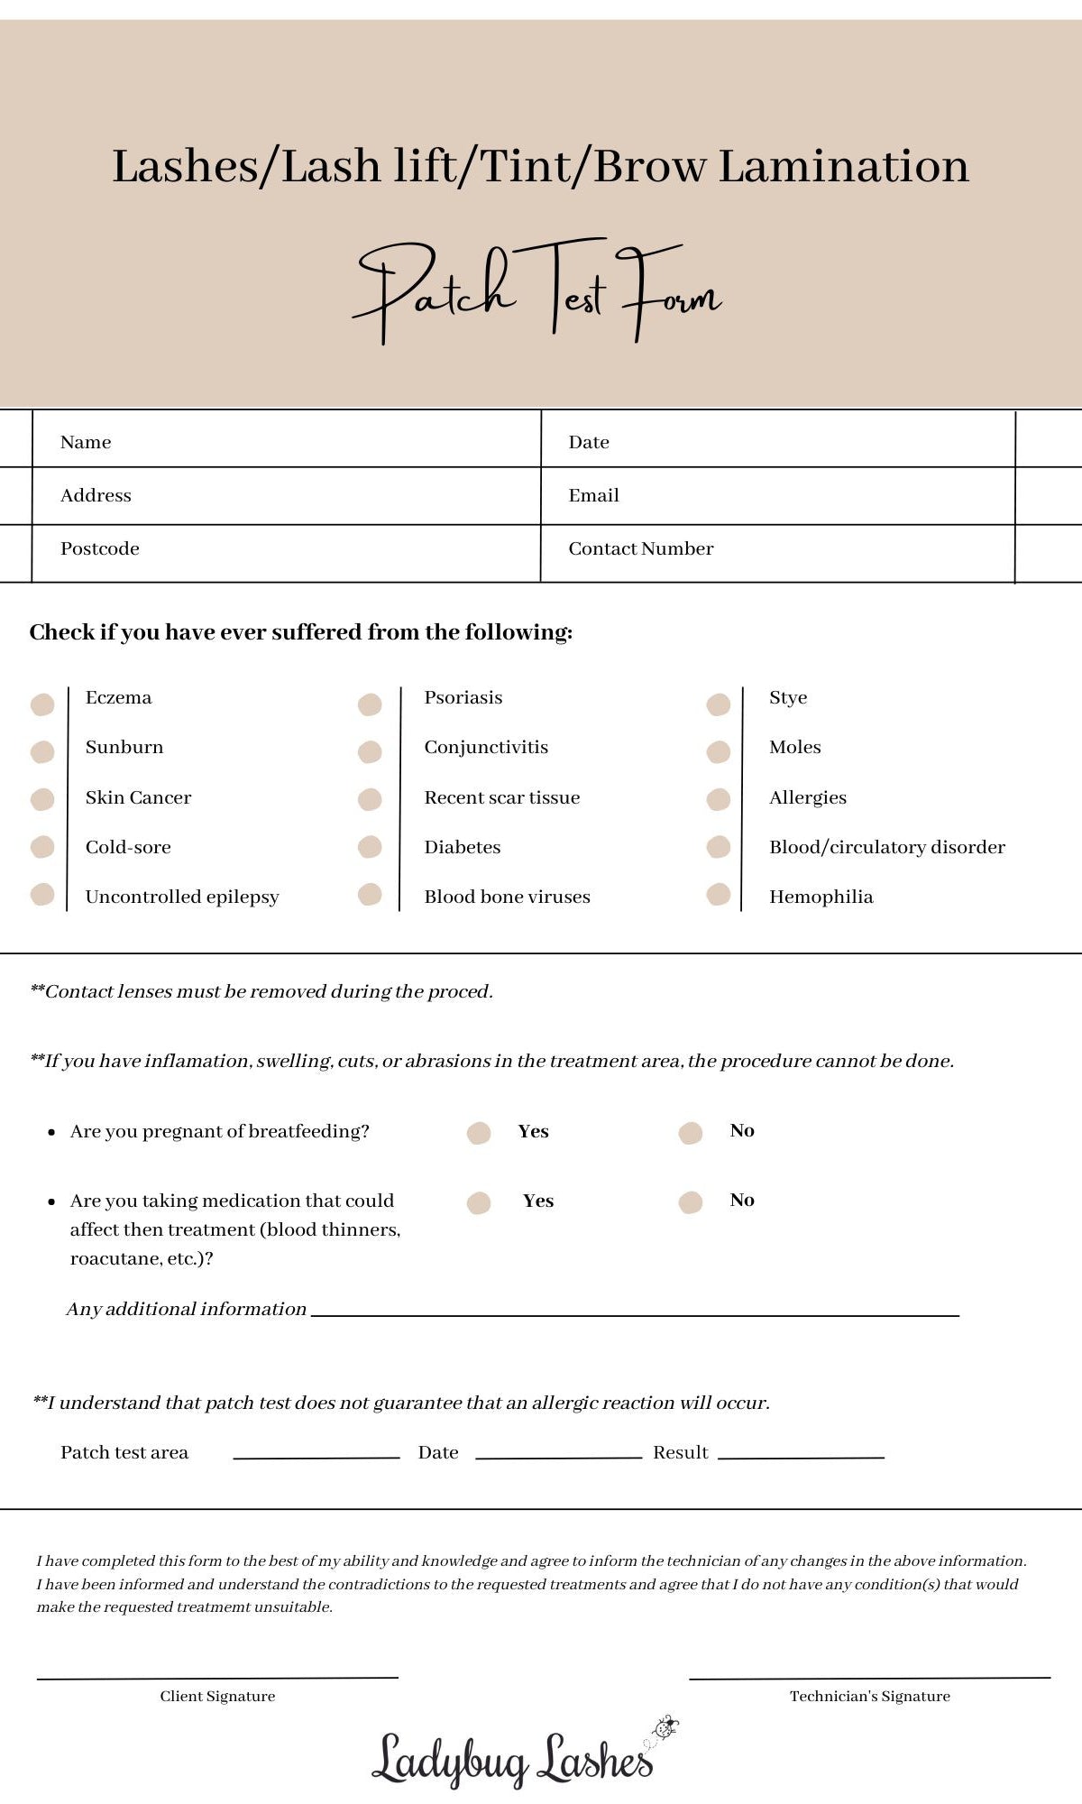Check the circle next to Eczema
(x=42, y=704)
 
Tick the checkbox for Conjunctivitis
(x=370, y=751)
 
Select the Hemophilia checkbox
(x=719, y=894)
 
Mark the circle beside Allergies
(x=719, y=799)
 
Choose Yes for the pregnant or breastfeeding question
(x=479, y=1133)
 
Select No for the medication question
(x=691, y=1202)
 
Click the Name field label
(x=86, y=442)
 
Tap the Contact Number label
(x=640, y=548)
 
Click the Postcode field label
(x=99, y=548)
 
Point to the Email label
(x=593, y=495)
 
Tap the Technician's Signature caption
(x=869, y=1696)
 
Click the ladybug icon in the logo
(x=665, y=1727)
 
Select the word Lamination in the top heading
(x=843, y=167)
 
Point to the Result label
(x=680, y=1452)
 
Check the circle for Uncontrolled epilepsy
(x=42, y=894)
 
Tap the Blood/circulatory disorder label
(x=886, y=847)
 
